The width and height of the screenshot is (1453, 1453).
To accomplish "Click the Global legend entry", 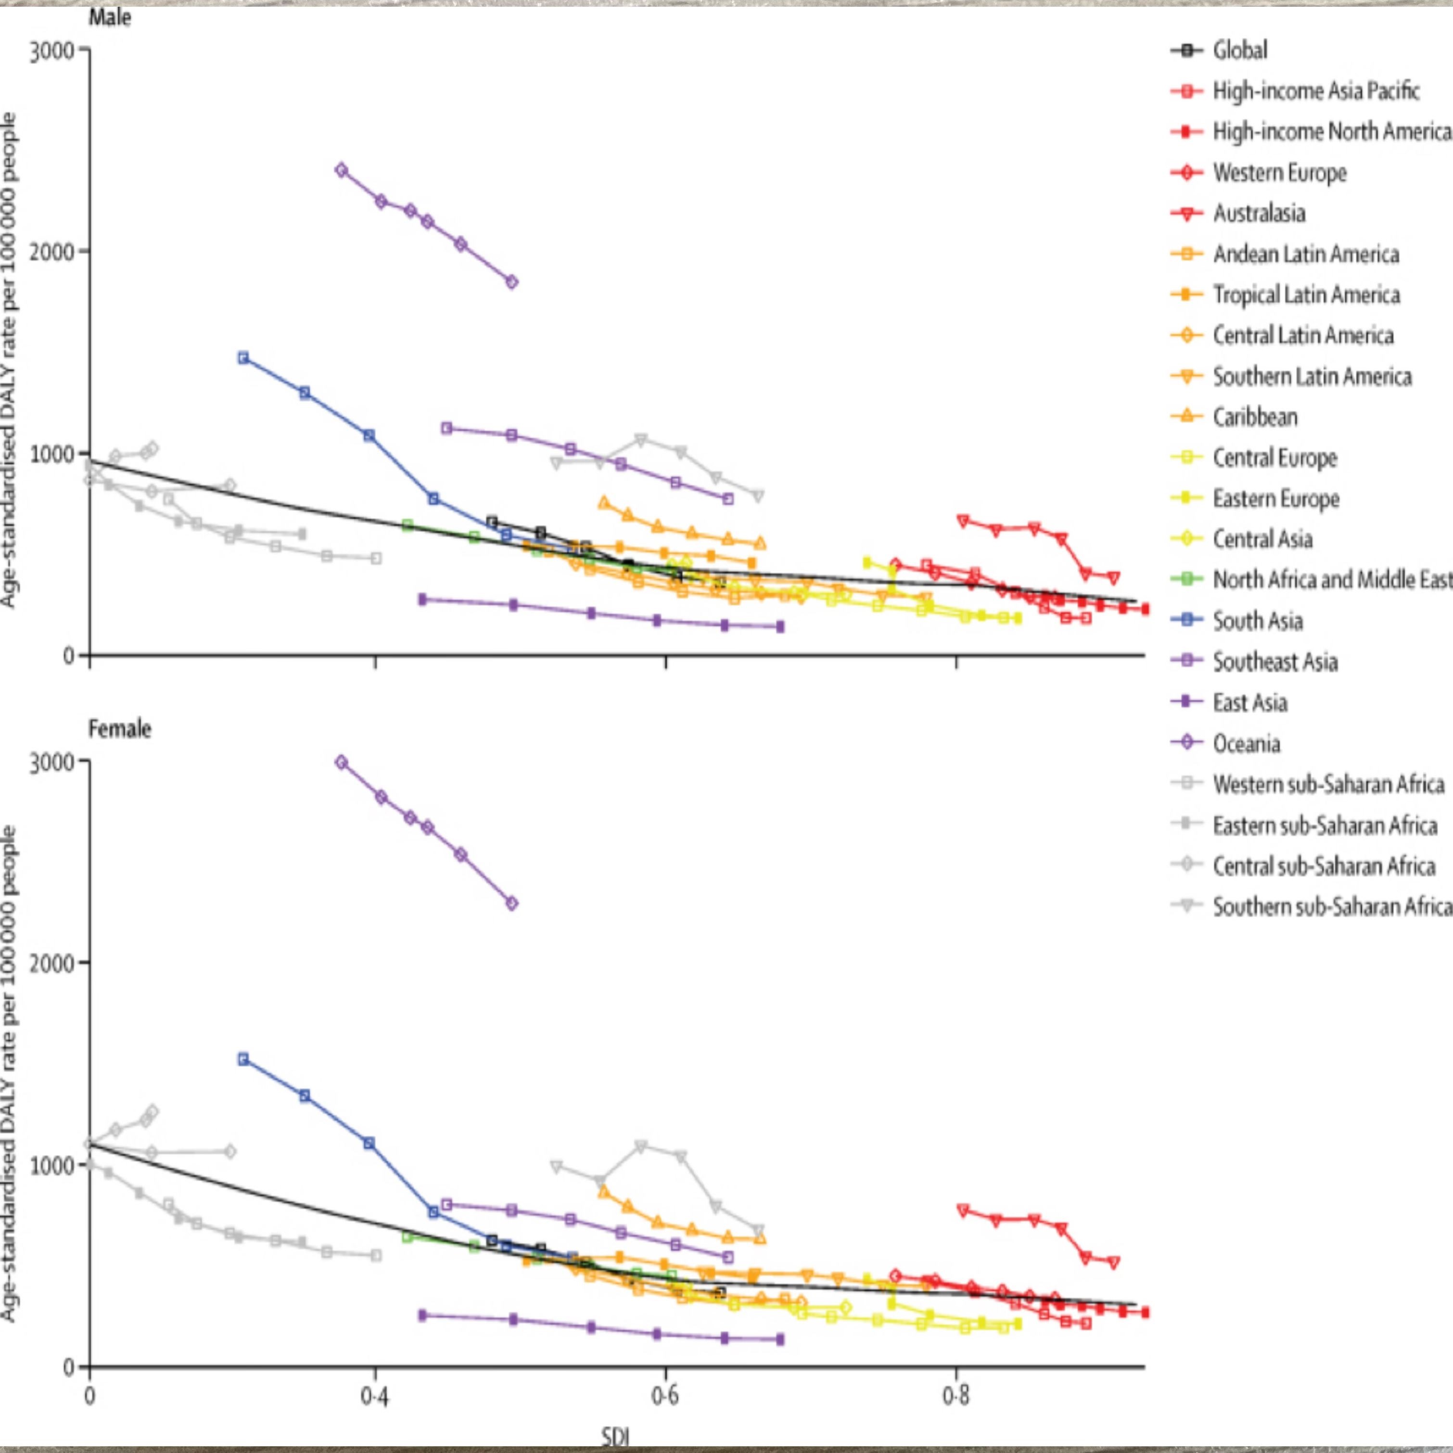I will click(1239, 51).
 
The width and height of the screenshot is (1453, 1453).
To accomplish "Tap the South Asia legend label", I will click(1258, 621).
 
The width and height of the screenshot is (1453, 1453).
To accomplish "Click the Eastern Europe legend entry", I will click(1275, 498).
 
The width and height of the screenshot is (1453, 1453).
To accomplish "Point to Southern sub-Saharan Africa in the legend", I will click(1331, 907).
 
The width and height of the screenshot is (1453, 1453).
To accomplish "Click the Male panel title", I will click(110, 17).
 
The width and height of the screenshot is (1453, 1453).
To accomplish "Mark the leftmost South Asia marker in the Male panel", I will click(243, 358).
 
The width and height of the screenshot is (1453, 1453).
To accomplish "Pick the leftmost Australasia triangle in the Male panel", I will click(963, 521).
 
